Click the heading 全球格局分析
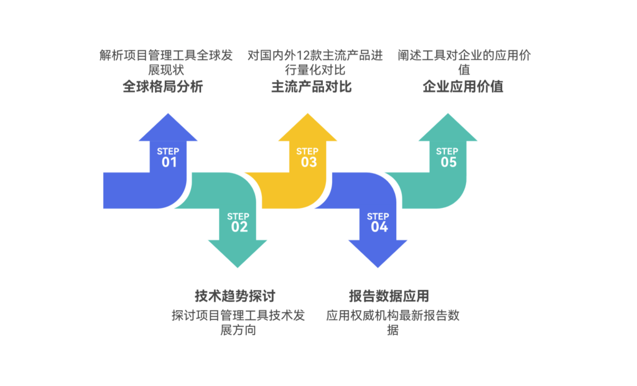click(162, 87)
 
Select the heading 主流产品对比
click(312, 87)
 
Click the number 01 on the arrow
click(169, 162)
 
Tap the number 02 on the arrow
click(239, 227)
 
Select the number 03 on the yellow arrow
click(309, 162)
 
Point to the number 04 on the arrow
click(379, 227)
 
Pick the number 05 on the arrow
click(449, 162)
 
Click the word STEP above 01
click(168, 151)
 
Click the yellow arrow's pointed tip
click(308, 116)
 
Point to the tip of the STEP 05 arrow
click(448, 116)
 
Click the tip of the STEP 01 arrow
click(168, 116)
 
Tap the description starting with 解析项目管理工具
click(165, 62)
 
